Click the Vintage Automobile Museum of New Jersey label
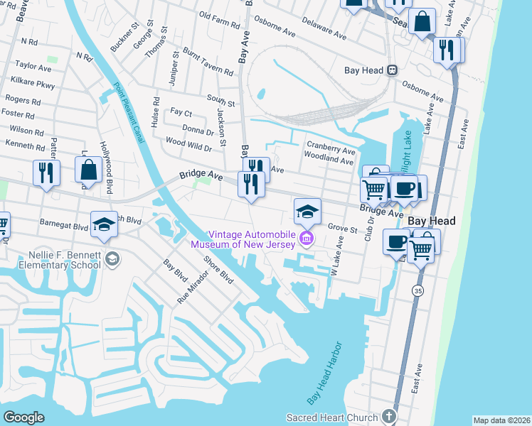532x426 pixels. [262, 239]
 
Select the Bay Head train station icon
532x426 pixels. [391, 70]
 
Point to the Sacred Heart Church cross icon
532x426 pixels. [388, 416]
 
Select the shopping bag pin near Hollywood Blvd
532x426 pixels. [89, 170]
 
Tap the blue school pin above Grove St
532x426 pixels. [307, 211]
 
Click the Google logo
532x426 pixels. [23, 417]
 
